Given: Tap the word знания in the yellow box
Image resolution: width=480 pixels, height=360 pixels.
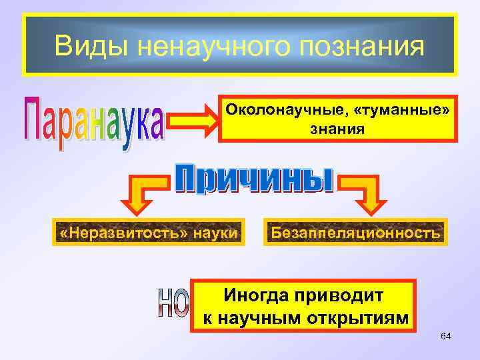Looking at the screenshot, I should point(339,128).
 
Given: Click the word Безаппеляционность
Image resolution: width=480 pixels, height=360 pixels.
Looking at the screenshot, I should point(353,233).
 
